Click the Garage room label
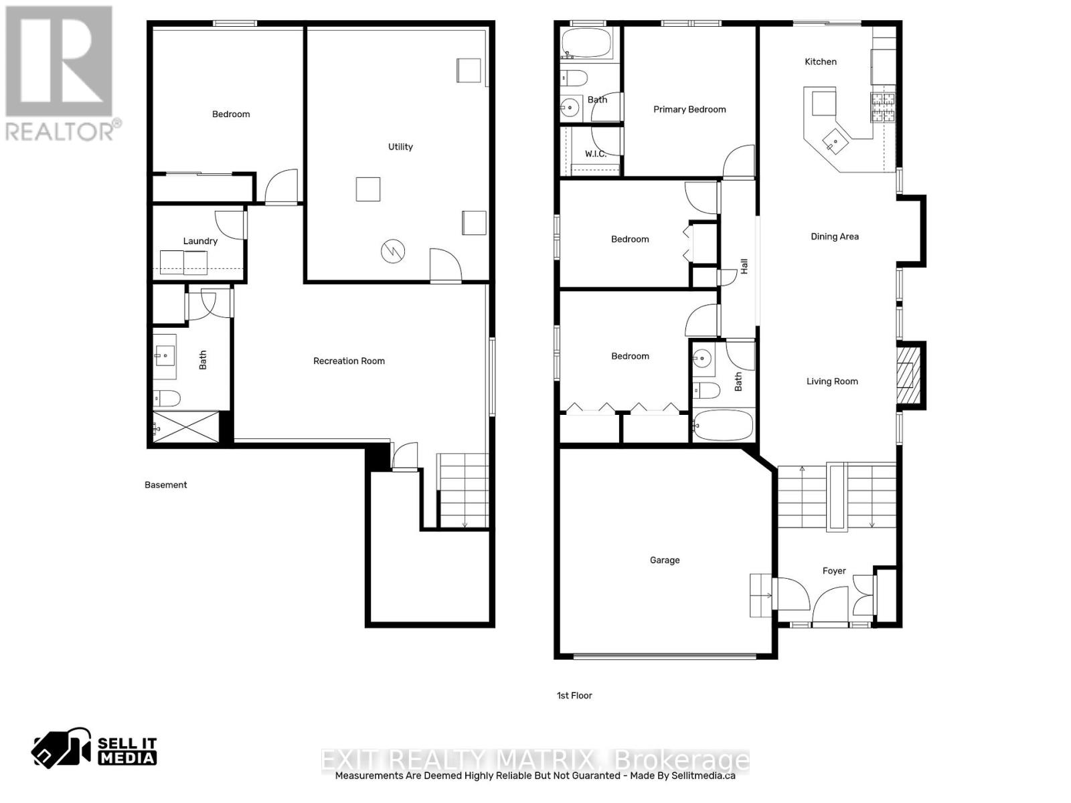[665, 560]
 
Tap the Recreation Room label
[349, 361]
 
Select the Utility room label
[400, 147]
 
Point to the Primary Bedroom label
[689, 109]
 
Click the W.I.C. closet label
[595, 154]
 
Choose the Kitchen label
[821, 62]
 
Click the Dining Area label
[834, 236]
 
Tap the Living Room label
[832, 381]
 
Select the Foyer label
[834, 571]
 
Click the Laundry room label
[200, 241]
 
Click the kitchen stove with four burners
[882, 107]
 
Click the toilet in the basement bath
[166, 399]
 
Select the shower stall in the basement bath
[186, 427]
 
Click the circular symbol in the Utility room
[393, 252]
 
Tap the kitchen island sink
[835, 141]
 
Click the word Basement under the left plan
[166, 485]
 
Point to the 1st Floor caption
[574, 695]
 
